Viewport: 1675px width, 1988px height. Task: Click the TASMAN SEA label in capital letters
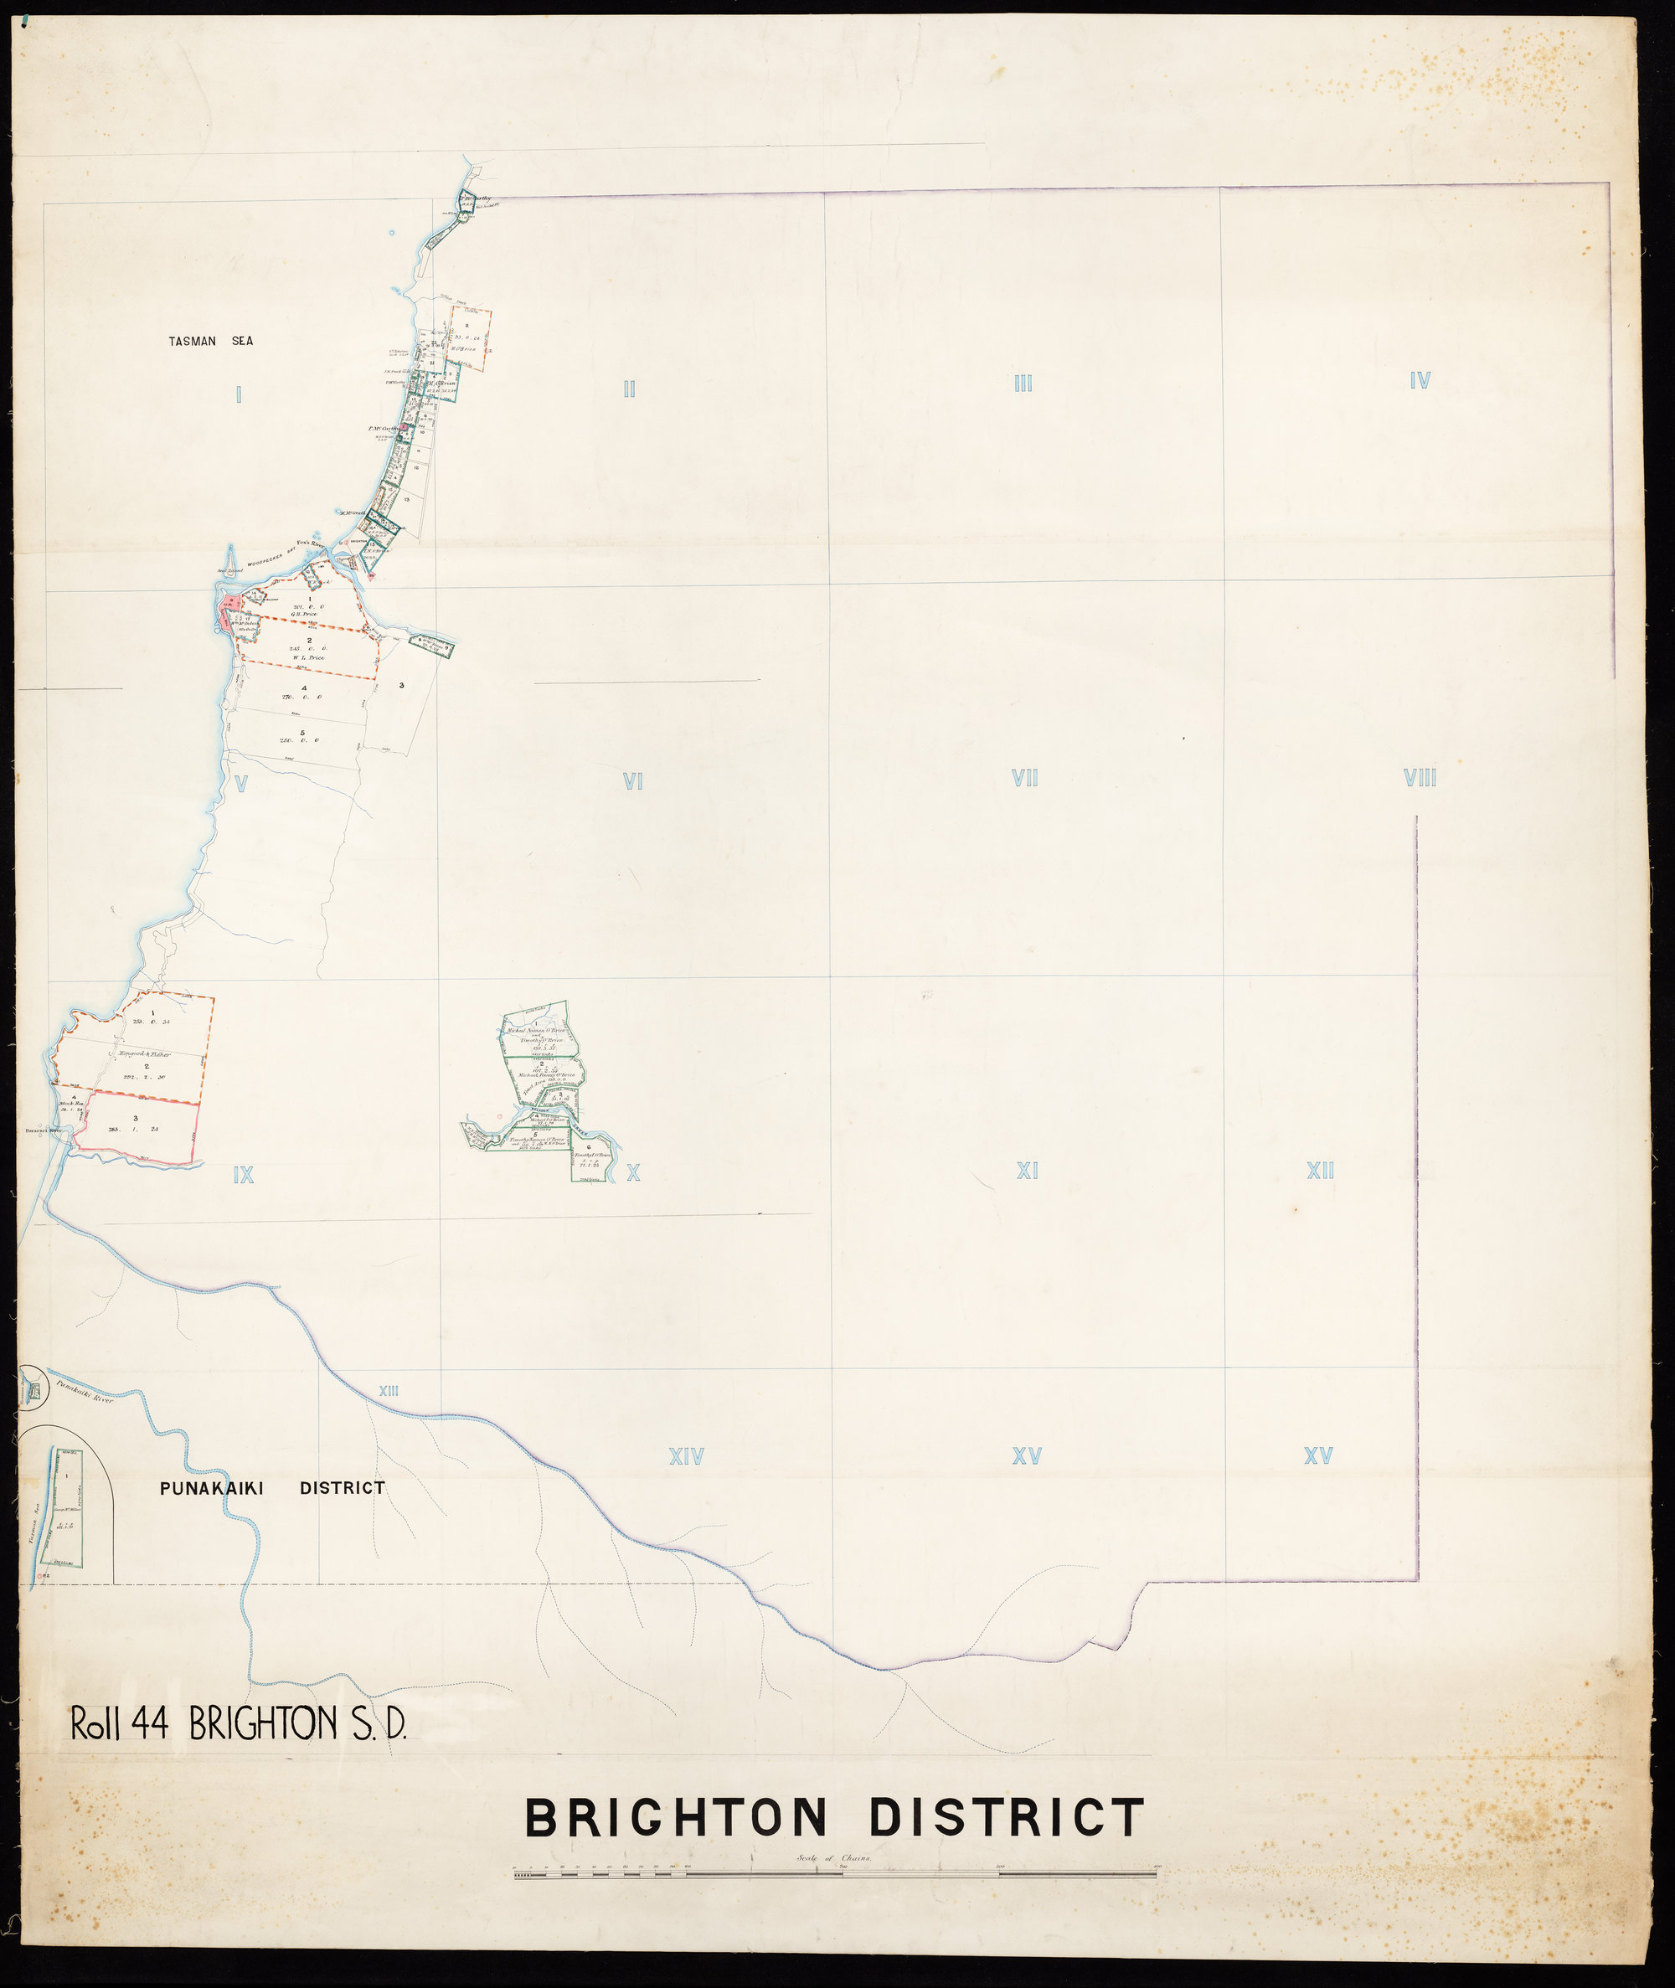point(211,341)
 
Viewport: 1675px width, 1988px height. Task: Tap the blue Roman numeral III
point(1023,384)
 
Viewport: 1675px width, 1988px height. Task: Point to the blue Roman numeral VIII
point(1420,779)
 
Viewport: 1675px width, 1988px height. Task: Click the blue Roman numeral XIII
point(389,1391)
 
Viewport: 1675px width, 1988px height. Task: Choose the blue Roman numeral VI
point(633,781)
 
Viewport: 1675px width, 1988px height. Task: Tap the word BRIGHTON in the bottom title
point(676,1818)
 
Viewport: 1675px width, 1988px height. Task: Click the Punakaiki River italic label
point(84,1393)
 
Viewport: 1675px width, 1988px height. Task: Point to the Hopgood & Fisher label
point(143,1053)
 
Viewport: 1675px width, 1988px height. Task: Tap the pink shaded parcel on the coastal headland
point(228,612)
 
